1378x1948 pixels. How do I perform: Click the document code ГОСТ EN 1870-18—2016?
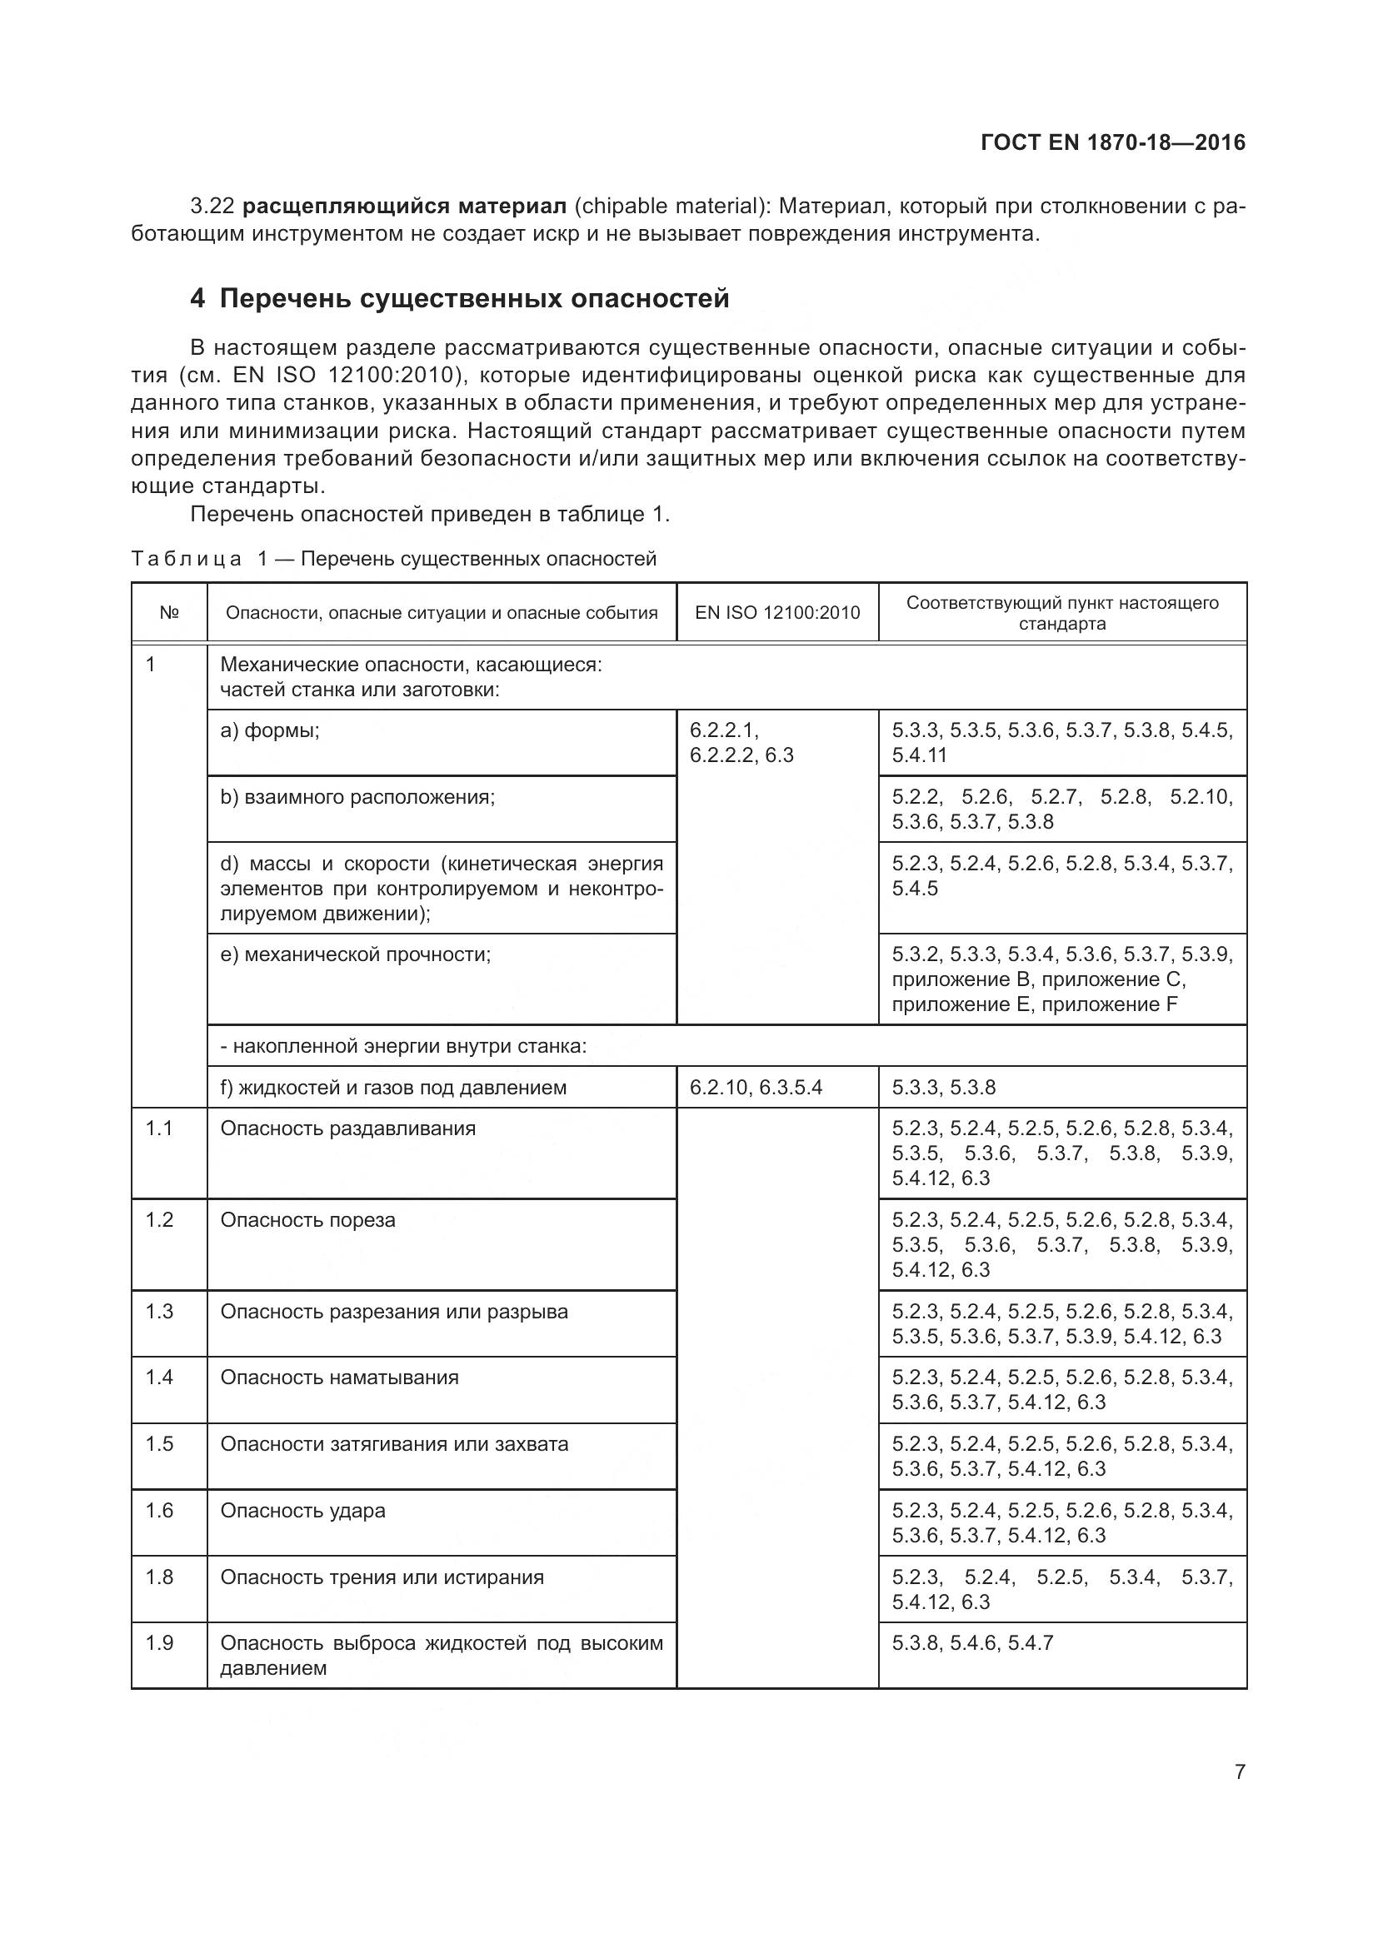coord(1112,142)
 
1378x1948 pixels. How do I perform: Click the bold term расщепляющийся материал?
coord(405,207)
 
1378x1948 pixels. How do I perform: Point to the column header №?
coord(169,613)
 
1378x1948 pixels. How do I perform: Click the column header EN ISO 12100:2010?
coord(777,613)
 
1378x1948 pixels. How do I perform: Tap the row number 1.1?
coord(158,1128)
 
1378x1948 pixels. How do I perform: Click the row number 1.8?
coord(158,1577)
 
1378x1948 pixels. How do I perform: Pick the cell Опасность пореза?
coord(308,1220)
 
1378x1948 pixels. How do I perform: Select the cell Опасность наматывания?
coord(339,1377)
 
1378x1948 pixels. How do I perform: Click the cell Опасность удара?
coord(303,1510)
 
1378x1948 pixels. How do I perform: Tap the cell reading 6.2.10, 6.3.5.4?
coord(756,1088)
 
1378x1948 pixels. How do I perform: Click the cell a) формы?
coord(270,730)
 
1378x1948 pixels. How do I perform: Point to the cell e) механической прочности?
coord(356,954)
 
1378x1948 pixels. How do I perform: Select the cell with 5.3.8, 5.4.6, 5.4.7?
coord(972,1643)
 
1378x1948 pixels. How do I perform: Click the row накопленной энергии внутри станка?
coord(404,1046)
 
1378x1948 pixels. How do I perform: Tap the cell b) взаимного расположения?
coord(357,798)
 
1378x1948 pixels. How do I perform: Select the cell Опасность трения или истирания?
coord(382,1577)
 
